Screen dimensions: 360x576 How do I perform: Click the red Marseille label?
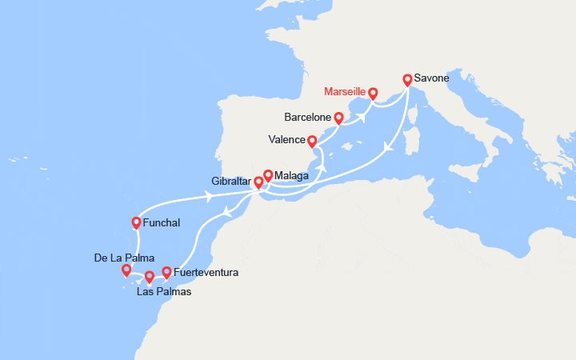click(345, 91)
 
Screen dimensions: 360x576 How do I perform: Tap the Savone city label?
click(432, 78)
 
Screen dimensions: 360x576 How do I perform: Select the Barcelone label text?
click(306, 117)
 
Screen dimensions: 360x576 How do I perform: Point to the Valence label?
click(287, 139)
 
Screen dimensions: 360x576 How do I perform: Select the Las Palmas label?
click(164, 291)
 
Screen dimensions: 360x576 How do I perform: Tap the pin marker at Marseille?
click(373, 93)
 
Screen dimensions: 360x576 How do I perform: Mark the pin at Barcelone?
click(338, 118)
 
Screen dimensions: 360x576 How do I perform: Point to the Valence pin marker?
click(312, 140)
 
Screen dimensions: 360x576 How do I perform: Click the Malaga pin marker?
click(268, 174)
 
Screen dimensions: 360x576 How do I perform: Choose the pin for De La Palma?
click(126, 270)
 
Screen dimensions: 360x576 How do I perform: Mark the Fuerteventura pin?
click(166, 272)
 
